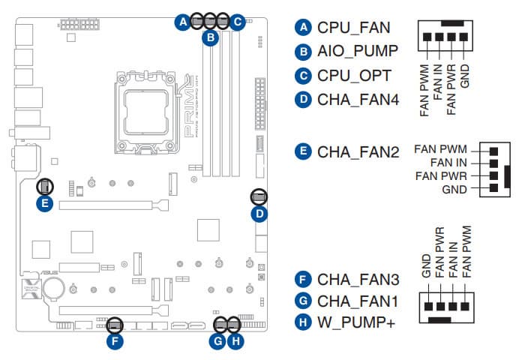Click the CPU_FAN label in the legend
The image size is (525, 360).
click(354, 28)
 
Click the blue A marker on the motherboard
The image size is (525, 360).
click(182, 22)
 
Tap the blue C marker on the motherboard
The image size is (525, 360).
click(237, 22)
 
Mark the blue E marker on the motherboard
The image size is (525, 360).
click(45, 203)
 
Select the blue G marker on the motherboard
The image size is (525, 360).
click(217, 342)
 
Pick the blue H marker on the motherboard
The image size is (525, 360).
click(235, 342)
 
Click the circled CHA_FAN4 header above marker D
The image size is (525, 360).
click(259, 197)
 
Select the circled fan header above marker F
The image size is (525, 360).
click(114, 325)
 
